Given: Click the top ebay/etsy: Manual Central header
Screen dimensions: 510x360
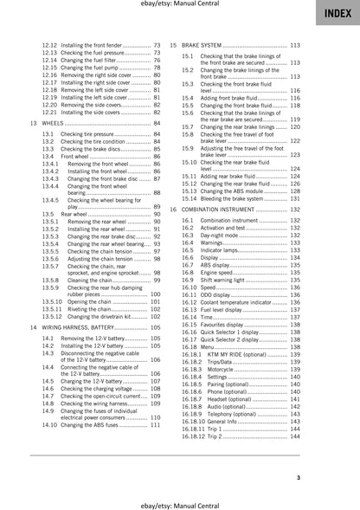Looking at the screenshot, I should [179, 8].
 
